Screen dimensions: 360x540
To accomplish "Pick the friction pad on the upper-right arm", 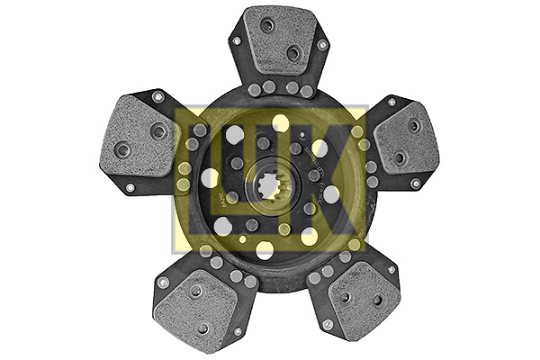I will click(x=404, y=139).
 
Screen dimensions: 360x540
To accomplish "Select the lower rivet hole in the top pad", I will click(x=293, y=53).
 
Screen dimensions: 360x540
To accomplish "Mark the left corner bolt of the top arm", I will click(x=237, y=40).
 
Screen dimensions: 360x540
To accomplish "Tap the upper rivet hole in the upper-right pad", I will click(x=413, y=125).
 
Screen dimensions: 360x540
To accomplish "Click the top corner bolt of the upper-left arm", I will click(x=157, y=96).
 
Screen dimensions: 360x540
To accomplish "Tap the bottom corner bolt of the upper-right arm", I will click(x=416, y=184).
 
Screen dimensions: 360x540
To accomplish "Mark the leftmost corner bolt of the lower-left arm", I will click(x=163, y=282).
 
